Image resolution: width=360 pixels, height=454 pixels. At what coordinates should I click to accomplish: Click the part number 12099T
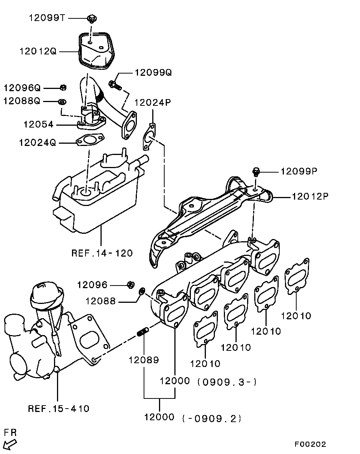(47, 18)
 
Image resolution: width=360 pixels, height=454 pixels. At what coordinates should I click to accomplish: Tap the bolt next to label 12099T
(92, 18)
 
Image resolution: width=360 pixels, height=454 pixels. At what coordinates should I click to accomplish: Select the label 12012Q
(38, 51)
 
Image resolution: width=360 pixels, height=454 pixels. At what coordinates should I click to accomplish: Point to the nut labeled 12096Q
(63, 87)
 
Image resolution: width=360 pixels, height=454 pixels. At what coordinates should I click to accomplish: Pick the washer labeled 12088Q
(62, 102)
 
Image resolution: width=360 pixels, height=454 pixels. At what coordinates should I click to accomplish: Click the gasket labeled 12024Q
(90, 140)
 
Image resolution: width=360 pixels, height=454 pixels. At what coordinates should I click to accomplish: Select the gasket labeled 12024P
(149, 137)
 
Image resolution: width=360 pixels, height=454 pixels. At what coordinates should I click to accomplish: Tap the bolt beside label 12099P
(256, 171)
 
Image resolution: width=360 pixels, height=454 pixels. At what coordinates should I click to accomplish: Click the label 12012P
(310, 197)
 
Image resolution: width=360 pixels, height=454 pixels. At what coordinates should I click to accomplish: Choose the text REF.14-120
(102, 253)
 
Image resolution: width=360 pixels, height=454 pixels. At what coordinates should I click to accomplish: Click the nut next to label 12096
(131, 285)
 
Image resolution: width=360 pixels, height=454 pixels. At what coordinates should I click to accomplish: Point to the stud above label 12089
(143, 332)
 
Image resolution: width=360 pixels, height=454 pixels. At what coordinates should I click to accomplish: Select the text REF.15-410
(58, 409)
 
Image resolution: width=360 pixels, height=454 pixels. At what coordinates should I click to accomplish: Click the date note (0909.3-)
(227, 382)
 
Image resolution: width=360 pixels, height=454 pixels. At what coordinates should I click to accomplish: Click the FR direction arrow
(10, 445)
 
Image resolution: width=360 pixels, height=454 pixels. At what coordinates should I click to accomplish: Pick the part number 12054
(39, 125)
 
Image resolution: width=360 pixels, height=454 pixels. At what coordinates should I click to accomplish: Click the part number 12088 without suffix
(100, 301)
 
